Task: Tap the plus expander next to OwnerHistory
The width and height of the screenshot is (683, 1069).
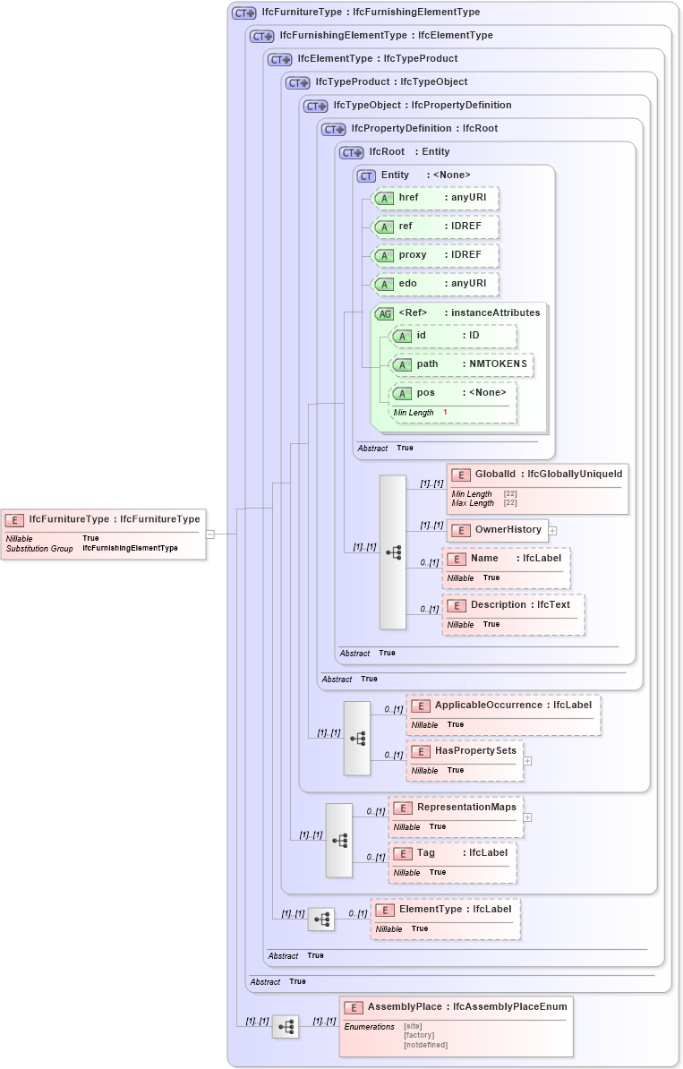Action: pos(552,530)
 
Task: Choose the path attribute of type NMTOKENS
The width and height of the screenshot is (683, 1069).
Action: pos(462,364)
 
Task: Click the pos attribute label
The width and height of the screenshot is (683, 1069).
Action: pos(426,393)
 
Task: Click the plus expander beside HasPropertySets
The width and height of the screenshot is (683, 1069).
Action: pos(527,760)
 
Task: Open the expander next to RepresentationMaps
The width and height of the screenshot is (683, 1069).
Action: pos(527,817)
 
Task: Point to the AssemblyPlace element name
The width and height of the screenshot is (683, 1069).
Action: pos(405,1006)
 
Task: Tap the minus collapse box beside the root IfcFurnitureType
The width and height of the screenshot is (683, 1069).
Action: pos(209,534)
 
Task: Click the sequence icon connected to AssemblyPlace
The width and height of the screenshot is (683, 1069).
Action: pos(286,1027)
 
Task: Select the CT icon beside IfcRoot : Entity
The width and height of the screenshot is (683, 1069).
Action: pos(351,152)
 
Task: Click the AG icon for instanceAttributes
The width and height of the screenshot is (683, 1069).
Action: pos(385,313)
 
